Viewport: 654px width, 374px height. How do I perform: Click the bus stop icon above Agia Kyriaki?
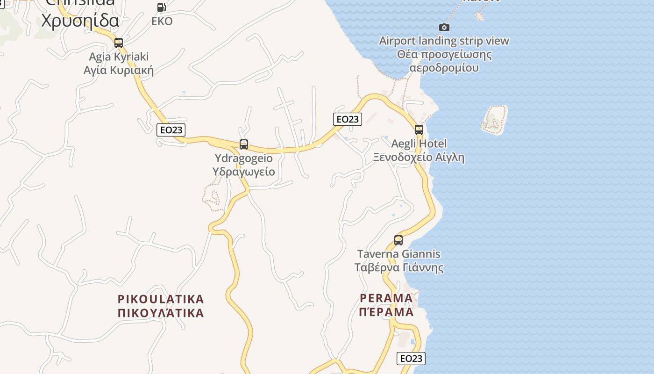119,43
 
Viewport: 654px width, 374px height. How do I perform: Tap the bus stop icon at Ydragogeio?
244,144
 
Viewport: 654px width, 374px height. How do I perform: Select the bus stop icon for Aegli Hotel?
419,130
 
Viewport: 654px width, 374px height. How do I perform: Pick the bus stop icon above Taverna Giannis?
398,240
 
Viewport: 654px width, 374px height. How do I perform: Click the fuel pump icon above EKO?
162,7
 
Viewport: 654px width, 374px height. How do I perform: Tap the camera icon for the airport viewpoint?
444,28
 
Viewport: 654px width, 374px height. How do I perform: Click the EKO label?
162,22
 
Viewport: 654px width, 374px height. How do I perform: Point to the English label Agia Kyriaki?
119,57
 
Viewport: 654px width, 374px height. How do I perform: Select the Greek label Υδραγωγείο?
243,172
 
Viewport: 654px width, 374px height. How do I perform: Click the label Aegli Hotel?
419,144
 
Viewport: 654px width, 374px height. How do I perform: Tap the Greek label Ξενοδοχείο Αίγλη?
419,157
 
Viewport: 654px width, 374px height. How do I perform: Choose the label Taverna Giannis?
398,254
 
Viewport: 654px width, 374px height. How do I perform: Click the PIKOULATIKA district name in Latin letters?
161,299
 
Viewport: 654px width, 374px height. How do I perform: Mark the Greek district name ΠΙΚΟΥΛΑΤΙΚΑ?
161,313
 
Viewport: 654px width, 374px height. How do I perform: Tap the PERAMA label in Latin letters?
386,298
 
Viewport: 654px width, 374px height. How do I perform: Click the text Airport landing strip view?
444,41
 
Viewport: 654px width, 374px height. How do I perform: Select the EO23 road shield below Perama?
411,359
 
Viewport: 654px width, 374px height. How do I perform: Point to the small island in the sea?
494,119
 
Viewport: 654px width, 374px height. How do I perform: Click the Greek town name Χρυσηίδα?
80,21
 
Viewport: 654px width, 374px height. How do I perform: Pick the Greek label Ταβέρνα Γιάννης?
398,268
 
